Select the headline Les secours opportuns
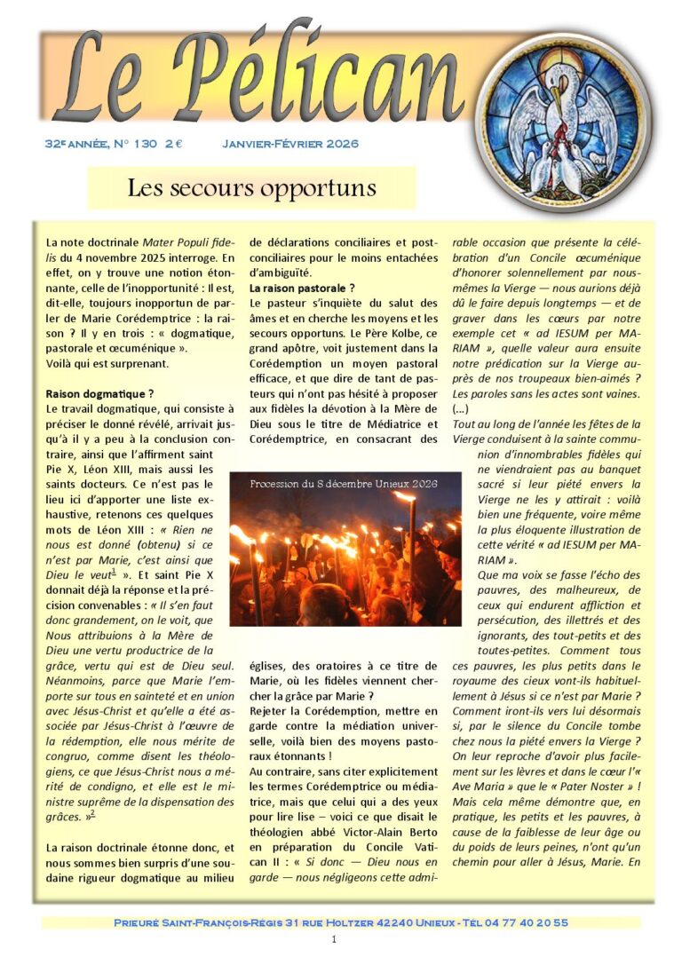point(251,188)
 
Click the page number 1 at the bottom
point(333,939)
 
